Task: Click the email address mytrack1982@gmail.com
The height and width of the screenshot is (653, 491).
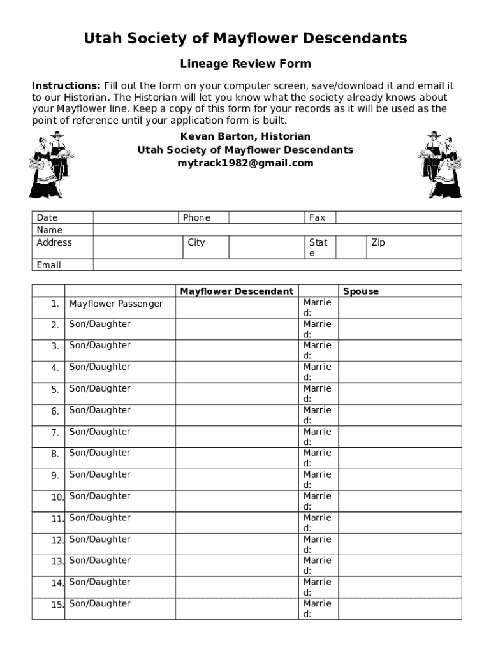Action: point(246,163)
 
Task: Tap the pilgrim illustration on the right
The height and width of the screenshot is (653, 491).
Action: point(439,165)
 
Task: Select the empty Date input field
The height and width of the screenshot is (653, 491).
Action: point(135,217)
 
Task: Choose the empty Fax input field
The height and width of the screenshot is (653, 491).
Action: point(398,217)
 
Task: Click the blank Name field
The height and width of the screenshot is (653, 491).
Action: point(277,230)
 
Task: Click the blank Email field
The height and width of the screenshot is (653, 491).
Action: point(277,265)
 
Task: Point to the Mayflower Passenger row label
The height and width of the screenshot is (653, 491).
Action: point(116,304)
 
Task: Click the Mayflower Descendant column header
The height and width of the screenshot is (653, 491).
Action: point(237,291)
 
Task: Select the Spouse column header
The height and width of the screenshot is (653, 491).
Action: point(361,291)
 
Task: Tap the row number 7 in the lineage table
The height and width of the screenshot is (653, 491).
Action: point(55,433)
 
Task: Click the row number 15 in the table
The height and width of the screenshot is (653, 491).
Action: point(57,605)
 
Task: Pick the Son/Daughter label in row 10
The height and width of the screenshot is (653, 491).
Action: point(99,496)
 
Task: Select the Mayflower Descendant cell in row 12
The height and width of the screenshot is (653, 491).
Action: point(237,544)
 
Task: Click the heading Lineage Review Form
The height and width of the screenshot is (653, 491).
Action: point(246,64)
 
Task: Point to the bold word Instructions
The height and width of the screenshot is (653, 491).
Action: point(66,86)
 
